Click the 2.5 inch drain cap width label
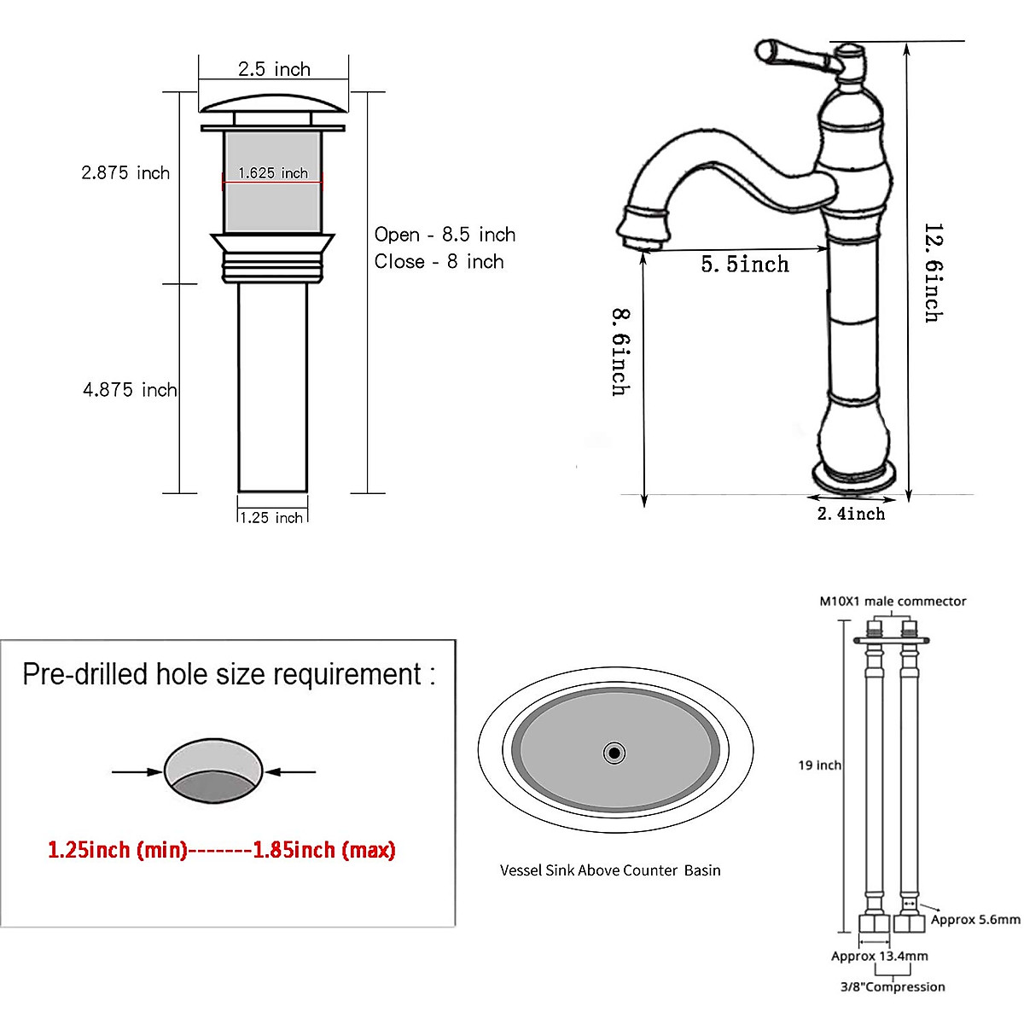pyautogui.click(x=274, y=69)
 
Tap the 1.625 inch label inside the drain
pyautogui.click(x=273, y=173)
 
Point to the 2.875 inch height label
pyautogui.click(x=125, y=173)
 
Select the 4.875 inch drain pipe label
pyautogui.click(x=130, y=390)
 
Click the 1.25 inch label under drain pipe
pyautogui.click(x=271, y=517)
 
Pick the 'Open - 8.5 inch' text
pyautogui.click(x=445, y=235)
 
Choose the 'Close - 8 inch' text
pyautogui.click(x=439, y=262)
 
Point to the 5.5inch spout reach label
pyautogui.click(x=745, y=265)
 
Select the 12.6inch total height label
pyautogui.click(x=934, y=273)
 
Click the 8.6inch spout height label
pyautogui.click(x=621, y=352)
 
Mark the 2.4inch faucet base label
pyautogui.click(x=851, y=514)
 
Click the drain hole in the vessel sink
pyautogui.click(x=614, y=753)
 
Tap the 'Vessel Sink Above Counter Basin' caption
pyautogui.click(x=610, y=870)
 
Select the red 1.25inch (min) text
pyautogui.click(x=117, y=850)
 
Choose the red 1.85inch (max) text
pyautogui.click(x=324, y=850)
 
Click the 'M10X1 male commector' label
pyautogui.click(x=893, y=601)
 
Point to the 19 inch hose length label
pyautogui.click(x=819, y=765)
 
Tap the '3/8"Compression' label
pyautogui.click(x=893, y=986)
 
